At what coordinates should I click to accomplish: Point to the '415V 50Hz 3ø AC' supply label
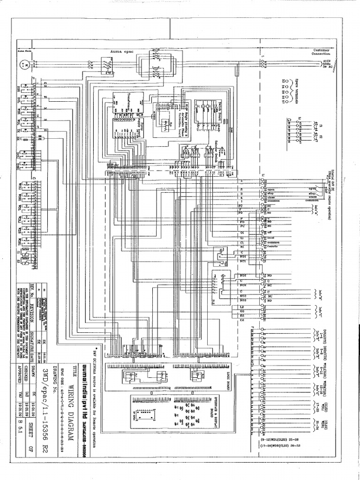coord(328,64)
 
